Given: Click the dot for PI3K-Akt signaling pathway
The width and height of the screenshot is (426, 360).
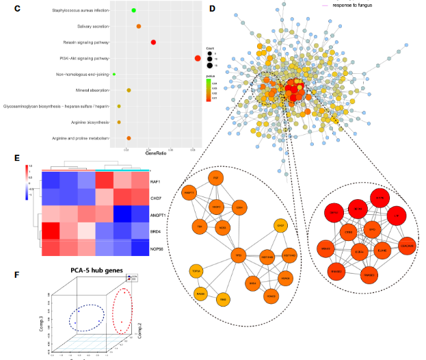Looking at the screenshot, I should click(198, 58).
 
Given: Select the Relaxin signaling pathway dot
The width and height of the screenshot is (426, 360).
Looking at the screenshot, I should click(154, 42).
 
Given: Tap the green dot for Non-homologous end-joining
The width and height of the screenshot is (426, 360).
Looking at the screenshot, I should click(114, 74).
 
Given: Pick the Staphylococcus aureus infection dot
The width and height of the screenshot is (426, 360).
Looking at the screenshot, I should click(133, 10).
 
